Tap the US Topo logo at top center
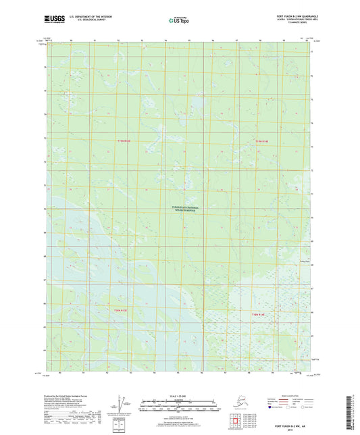click(x=179, y=20)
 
